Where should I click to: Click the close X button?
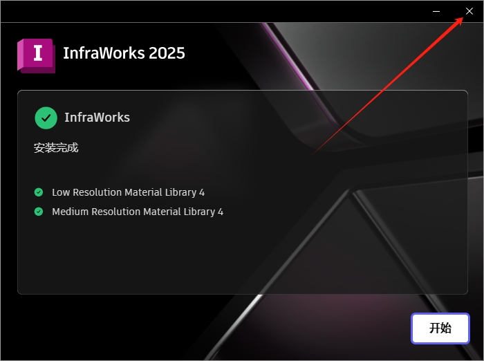coord(469,11)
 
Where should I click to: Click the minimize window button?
coord(436,11)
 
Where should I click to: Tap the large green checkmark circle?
coord(46,118)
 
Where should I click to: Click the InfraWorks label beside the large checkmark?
coord(97,118)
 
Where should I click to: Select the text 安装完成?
coord(56,147)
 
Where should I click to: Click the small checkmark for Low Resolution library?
coord(39,192)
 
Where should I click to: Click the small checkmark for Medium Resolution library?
coord(39,212)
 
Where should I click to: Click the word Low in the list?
coord(61,192)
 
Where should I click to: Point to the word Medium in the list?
coord(71,212)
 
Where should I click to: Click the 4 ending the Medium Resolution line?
coord(221,212)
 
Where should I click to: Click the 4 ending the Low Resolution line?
coord(202,192)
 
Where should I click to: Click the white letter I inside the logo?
coord(39,53)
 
